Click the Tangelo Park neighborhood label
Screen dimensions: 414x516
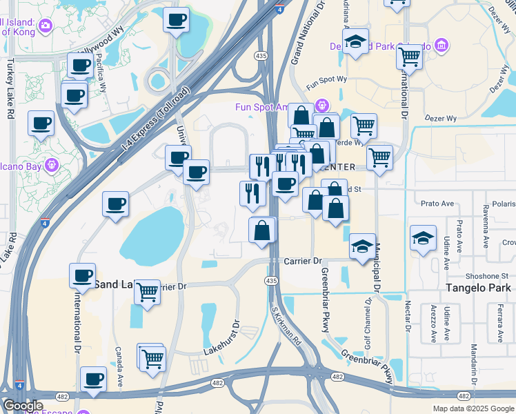477,288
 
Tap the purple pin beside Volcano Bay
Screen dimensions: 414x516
52,166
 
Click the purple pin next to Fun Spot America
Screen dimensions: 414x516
321,106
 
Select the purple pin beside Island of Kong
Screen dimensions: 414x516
46,26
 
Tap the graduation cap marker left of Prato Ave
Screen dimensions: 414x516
423,239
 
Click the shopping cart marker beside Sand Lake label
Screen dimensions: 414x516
147,293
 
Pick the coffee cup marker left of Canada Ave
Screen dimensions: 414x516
93,379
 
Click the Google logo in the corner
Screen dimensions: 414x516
23,406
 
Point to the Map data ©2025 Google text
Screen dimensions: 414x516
473,408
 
